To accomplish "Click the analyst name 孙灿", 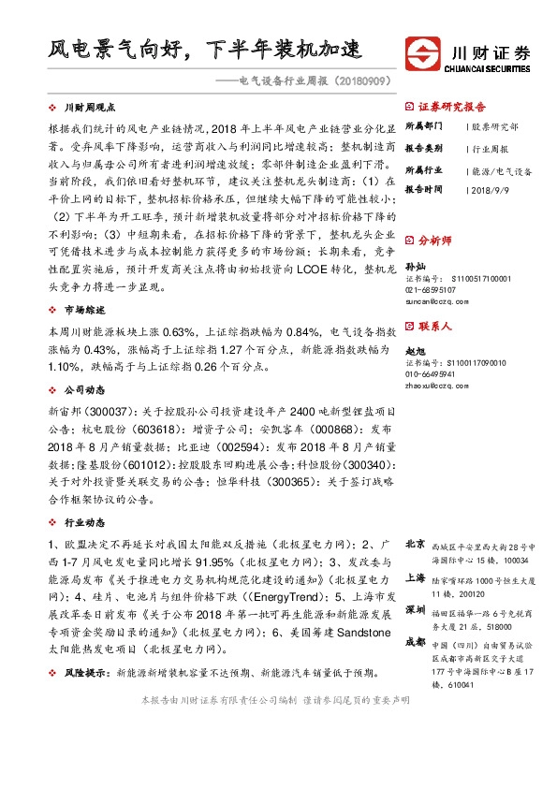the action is [414, 266].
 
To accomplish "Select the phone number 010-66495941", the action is [430, 373].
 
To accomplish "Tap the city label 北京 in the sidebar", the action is [414, 544].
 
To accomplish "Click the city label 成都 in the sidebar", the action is [414, 642].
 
